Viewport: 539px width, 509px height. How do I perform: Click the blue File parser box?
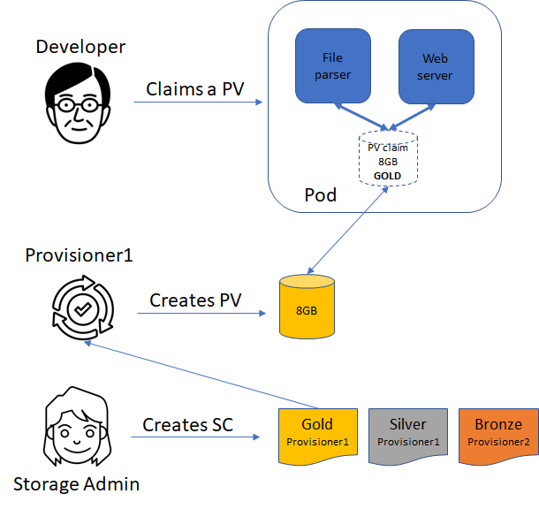[x=332, y=66]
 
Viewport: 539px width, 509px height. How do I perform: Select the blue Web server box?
[x=436, y=66]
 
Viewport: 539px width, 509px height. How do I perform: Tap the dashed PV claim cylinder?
[x=388, y=158]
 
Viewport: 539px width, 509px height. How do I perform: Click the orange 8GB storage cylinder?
[x=306, y=308]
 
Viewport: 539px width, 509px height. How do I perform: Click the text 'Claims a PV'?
[x=195, y=89]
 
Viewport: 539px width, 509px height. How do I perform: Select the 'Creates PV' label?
[x=196, y=300]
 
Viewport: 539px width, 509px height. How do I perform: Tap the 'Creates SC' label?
[x=187, y=425]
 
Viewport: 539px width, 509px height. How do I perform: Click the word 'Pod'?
[x=320, y=194]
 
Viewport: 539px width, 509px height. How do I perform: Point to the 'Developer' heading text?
[x=80, y=47]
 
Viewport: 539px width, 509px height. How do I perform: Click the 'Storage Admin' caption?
[x=76, y=483]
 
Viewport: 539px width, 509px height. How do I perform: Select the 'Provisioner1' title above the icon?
[x=79, y=255]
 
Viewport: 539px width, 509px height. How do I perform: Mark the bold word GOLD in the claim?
[x=388, y=176]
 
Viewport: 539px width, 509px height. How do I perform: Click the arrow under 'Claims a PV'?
[x=199, y=103]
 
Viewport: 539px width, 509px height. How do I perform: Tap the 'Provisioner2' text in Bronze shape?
[x=497, y=441]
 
